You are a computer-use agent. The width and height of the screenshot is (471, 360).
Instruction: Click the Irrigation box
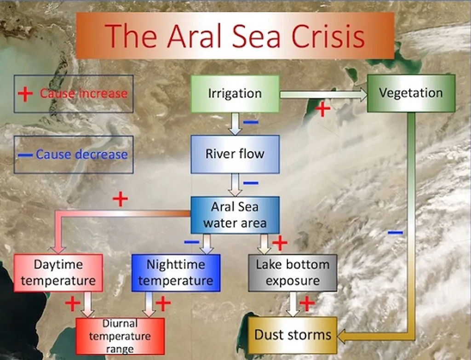click(235, 94)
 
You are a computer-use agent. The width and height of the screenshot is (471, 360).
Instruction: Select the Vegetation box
click(411, 93)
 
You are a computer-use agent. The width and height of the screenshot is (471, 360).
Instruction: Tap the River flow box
click(235, 154)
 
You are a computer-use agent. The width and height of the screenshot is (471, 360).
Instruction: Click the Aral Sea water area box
click(235, 215)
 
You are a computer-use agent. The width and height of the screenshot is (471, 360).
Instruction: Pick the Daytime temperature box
click(58, 273)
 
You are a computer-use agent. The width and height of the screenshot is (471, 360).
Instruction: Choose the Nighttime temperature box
click(176, 273)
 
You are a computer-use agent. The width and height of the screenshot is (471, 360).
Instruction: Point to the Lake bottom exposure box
click(293, 273)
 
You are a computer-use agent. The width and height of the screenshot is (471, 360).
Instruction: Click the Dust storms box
click(293, 335)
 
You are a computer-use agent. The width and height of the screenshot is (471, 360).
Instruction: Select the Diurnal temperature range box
click(120, 336)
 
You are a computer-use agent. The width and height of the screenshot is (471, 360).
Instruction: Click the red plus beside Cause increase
click(25, 94)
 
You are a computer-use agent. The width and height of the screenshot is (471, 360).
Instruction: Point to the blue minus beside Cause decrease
click(25, 155)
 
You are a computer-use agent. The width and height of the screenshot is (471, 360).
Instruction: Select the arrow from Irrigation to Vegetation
click(323, 95)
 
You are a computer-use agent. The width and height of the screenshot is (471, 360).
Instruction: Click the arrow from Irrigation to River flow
click(235, 124)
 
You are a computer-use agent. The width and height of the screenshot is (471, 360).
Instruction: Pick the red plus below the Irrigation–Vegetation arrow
click(322, 109)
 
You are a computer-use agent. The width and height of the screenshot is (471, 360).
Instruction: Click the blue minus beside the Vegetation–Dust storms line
click(395, 232)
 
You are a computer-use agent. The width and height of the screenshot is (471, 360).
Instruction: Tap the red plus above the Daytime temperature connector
click(120, 199)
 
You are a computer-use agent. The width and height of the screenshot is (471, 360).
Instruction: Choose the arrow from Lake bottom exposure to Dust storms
click(293, 304)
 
